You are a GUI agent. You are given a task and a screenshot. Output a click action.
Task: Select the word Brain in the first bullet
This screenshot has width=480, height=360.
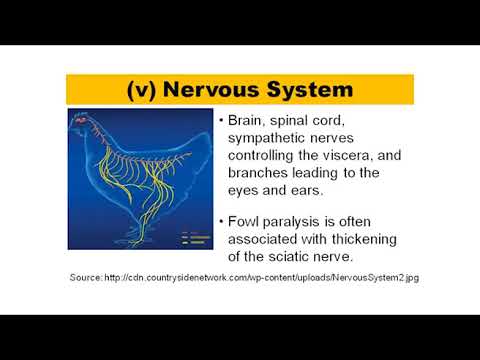[x=247, y=120]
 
